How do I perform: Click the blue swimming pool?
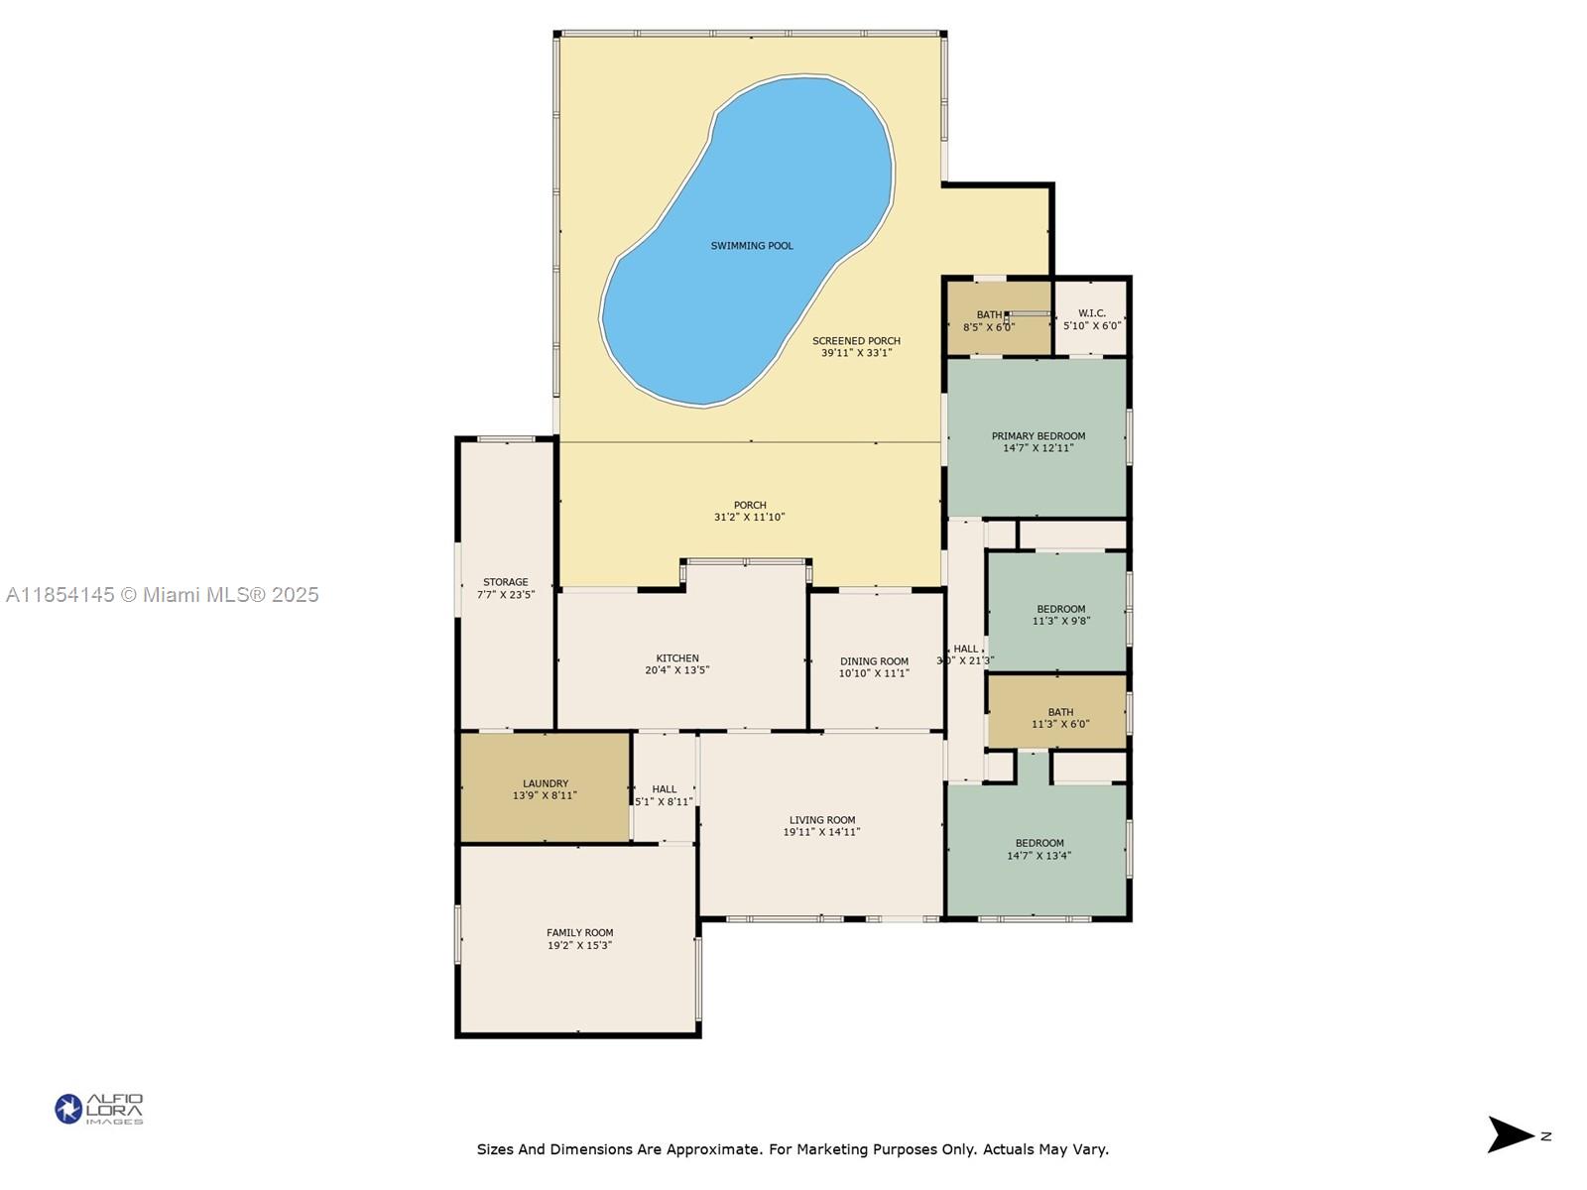point(748,242)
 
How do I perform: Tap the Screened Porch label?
point(856,341)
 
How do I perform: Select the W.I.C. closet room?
point(1091,318)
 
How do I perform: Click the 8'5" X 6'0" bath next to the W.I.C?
point(999,318)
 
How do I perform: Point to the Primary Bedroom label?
point(1038,436)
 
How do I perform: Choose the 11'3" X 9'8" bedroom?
point(1057,612)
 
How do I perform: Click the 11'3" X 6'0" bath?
point(1057,712)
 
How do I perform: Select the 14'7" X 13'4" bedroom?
point(1037,850)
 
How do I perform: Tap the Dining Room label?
point(874,661)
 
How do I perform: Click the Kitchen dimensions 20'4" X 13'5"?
point(677,670)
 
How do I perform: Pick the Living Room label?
point(822,820)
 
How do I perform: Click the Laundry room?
point(546,788)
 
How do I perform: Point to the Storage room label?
point(506,582)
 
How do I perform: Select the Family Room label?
point(580,933)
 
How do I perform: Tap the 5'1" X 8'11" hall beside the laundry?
point(665,788)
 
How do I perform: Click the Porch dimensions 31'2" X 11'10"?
point(749,518)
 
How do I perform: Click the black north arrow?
point(1509,1134)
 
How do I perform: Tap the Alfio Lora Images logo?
point(99,1109)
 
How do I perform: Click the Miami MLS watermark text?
point(162,595)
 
